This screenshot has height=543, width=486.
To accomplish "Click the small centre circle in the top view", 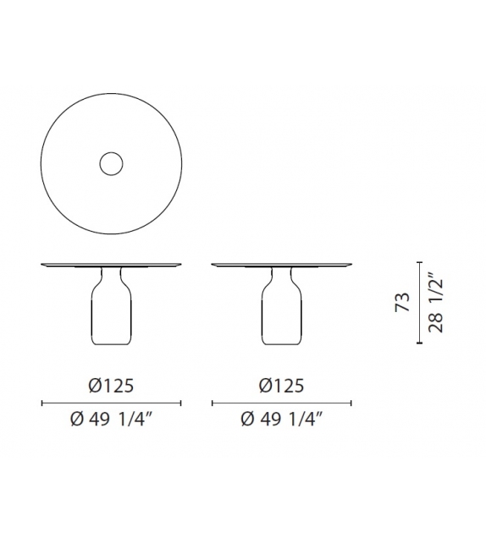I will tap(110, 164).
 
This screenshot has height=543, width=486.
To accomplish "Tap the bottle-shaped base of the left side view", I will tap(111, 317).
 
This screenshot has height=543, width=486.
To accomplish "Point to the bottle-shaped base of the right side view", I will tap(280, 317).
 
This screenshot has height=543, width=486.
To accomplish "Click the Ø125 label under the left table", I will tap(111, 387).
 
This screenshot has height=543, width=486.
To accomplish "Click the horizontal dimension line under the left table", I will tap(111, 403).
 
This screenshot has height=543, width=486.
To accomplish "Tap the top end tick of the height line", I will tap(418, 263).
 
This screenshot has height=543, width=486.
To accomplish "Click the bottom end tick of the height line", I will tap(418, 343).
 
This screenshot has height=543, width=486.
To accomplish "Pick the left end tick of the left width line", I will tap(41, 403).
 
